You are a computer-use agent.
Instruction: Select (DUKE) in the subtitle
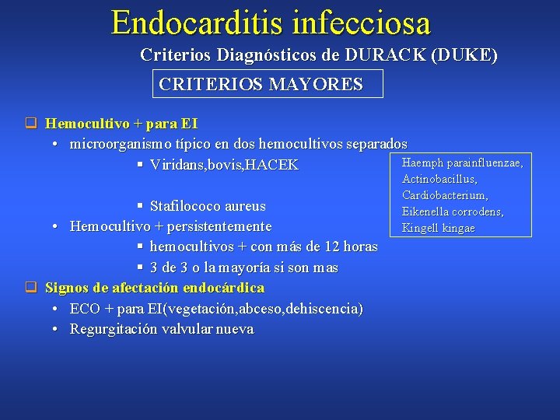pos(465,56)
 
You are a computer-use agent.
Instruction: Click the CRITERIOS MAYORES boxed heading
pos(261,84)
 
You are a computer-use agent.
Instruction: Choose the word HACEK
pos(271,166)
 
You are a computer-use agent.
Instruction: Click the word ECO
pos(85,309)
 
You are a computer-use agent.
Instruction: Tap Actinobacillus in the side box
pos(439,180)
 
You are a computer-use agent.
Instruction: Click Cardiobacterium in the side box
pos(445,195)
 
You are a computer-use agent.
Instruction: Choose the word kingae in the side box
pos(459,228)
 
